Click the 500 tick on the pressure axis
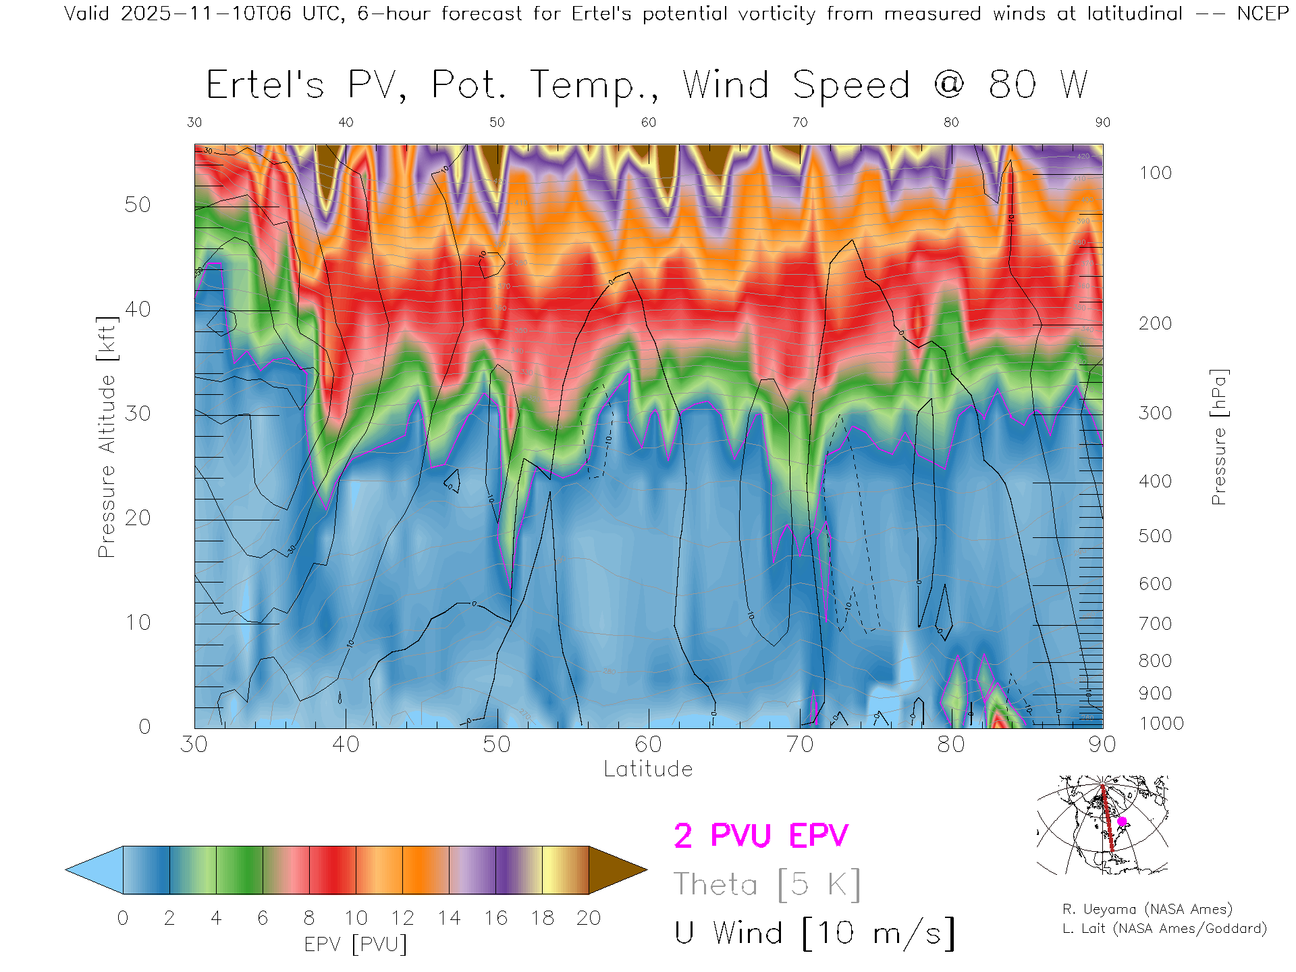1155,536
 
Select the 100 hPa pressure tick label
1155,173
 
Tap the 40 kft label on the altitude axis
137,309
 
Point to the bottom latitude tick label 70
800,745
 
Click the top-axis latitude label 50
497,122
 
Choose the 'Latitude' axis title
648,769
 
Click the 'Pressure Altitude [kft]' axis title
107,437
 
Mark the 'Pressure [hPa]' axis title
1218,437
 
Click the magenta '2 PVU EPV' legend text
761,836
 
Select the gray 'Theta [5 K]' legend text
767,884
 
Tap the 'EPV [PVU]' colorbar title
356,944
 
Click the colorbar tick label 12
402,918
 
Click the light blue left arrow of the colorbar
95,870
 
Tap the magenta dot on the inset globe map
1122,821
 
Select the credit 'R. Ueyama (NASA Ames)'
1147,909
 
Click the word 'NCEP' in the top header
1262,13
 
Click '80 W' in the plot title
1038,85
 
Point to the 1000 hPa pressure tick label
1161,724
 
